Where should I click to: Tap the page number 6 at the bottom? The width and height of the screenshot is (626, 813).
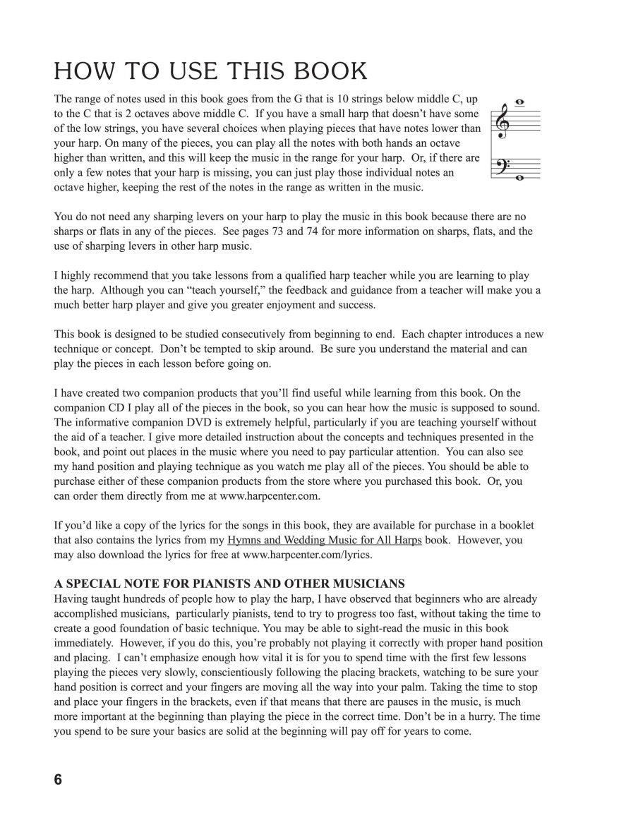click(58, 780)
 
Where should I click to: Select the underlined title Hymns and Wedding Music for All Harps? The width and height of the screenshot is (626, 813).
click(324, 540)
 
